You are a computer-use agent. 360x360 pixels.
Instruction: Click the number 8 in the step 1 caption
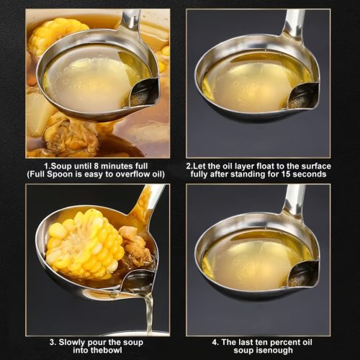tap(97, 166)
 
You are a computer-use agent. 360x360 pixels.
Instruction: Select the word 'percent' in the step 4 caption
tap(278, 342)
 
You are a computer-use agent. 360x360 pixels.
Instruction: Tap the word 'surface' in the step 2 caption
tap(316, 166)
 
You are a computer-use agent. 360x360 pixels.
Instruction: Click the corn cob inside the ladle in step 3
tap(84, 243)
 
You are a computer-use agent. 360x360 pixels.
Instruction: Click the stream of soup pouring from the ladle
tap(149, 312)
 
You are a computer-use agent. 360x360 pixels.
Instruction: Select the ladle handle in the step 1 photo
tap(132, 20)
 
